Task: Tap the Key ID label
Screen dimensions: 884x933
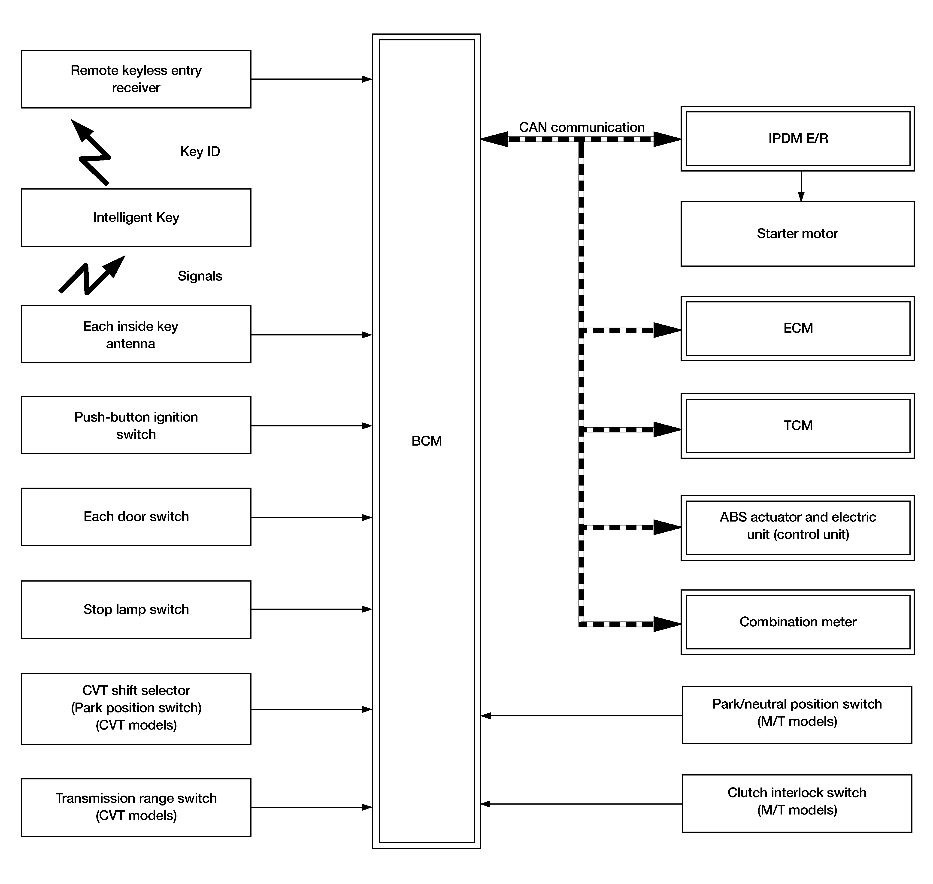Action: click(200, 152)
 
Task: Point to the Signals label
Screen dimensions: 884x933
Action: click(200, 276)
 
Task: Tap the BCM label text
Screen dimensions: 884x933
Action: click(426, 441)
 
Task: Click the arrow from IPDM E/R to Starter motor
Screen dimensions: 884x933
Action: click(801, 187)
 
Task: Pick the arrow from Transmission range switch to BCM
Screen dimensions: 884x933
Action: click(311, 807)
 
